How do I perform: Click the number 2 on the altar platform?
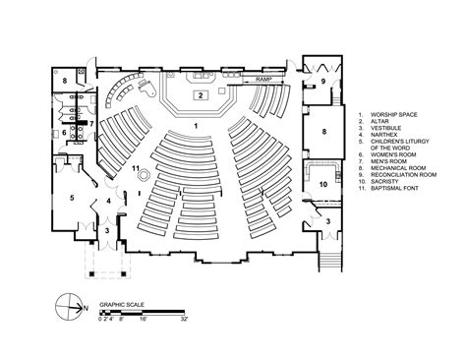200,95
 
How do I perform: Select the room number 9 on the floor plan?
322,82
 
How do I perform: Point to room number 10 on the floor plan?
323,184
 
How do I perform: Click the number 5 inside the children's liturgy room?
71,198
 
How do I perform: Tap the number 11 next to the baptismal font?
136,169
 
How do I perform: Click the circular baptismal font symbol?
145,176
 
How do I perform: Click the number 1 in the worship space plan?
197,126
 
